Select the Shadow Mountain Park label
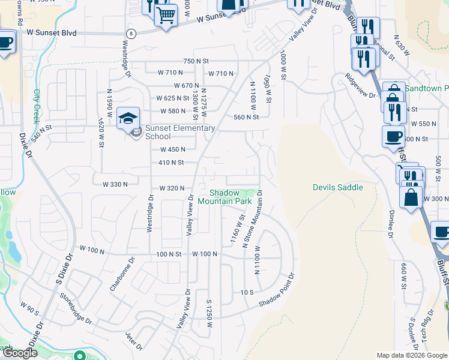pos(230,197)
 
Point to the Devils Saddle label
pos(338,187)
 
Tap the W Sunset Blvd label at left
pos(52,34)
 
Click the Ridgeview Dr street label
pos(360,85)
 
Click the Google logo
pos(20,353)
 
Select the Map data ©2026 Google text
pos(412,355)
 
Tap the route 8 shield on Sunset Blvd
pos(131,34)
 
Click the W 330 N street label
pos(115,184)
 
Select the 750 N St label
pos(196,61)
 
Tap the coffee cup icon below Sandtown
pos(393,136)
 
